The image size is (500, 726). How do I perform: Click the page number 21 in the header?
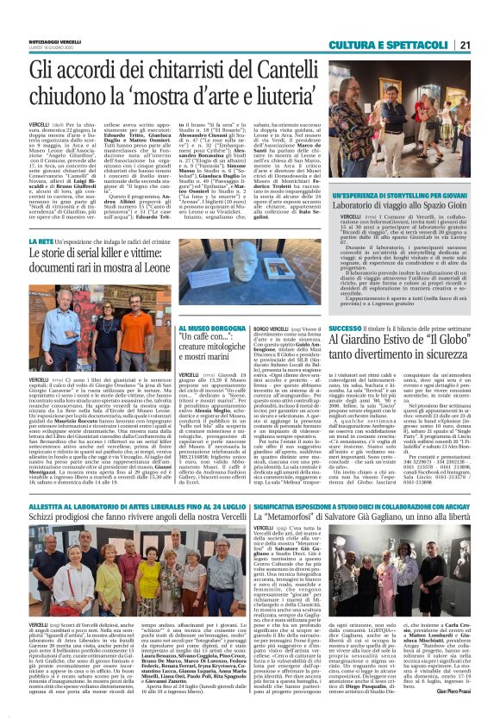click(487, 21)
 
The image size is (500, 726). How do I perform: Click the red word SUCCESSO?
click(343, 328)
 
